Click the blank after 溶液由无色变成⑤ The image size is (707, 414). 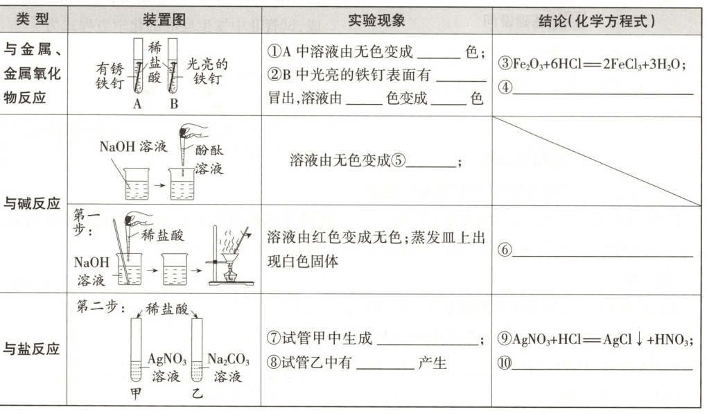[431, 164]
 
